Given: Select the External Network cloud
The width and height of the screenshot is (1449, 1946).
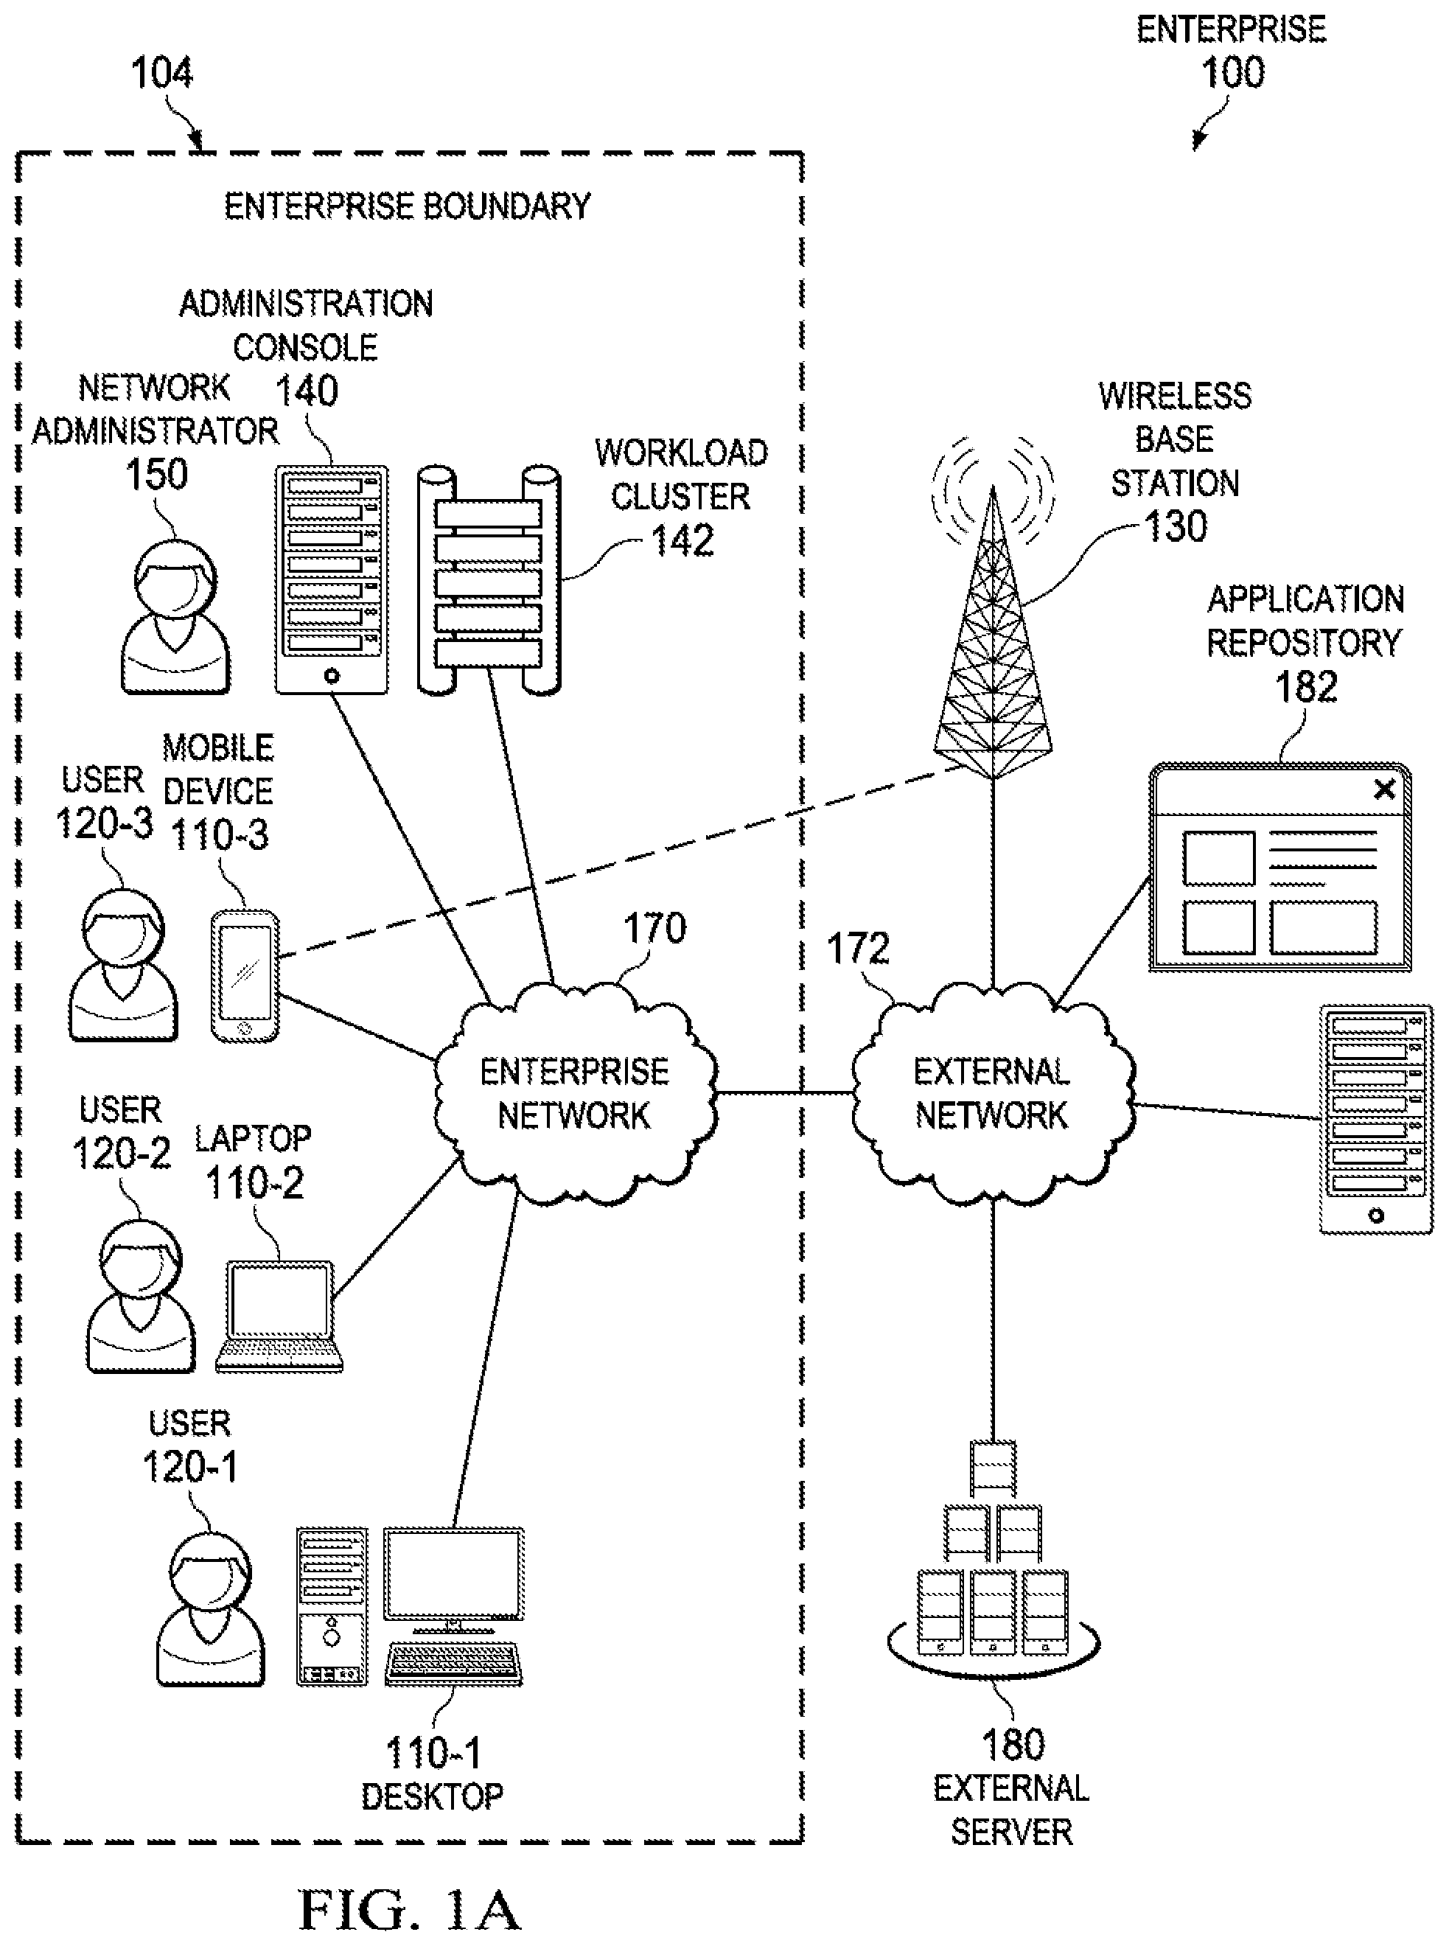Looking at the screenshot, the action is coord(993,1092).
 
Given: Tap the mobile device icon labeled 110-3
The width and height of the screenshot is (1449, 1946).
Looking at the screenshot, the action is coord(245,976).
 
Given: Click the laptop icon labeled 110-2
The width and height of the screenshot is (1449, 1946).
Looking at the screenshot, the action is coord(279,1316).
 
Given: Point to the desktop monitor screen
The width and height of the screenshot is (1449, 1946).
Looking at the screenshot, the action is coord(453,1574).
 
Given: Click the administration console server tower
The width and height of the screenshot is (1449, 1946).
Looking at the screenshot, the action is coord(332,579).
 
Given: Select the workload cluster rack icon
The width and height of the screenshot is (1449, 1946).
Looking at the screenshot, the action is coord(489,579).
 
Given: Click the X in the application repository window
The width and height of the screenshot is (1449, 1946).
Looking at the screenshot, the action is coord(1384,789).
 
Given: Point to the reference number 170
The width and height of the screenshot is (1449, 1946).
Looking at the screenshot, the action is coord(654,929).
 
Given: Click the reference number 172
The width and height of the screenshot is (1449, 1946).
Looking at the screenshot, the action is coord(858,949).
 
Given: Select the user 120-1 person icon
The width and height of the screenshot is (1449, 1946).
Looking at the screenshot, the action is coord(211,1608).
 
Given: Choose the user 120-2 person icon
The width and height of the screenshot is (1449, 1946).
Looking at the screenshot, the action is coord(140,1296).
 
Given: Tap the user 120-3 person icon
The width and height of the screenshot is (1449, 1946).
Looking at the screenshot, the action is coord(124,966).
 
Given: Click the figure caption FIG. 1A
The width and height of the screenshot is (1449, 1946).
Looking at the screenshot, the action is coord(410,1910).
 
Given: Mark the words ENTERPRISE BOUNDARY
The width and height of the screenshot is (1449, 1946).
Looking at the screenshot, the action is coord(408,207).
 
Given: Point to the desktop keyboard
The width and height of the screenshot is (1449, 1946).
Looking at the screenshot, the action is coord(453,1664).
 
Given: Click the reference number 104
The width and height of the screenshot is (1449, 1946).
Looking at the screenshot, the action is coord(161,73).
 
